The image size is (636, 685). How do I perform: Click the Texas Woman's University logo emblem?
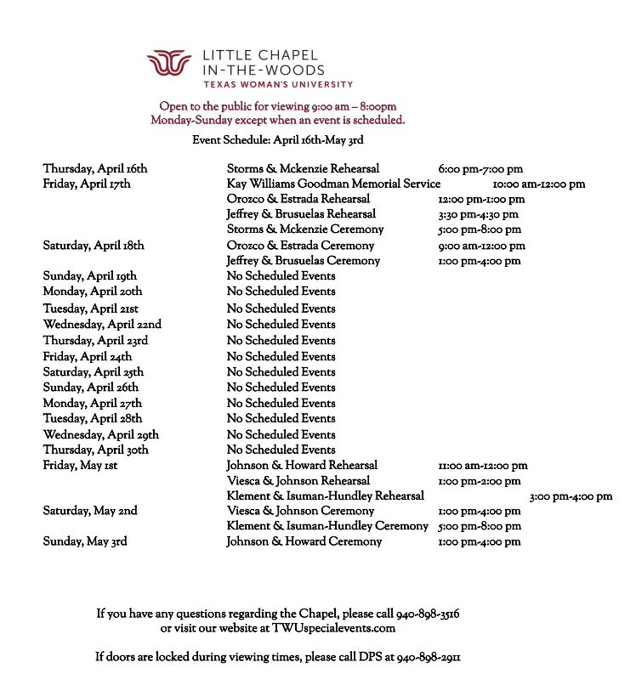pyautogui.click(x=170, y=65)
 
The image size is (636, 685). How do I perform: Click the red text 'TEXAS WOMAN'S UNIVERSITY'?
pyautogui.click(x=277, y=85)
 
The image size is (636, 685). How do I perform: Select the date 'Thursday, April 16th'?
pyautogui.click(x=95, y=168)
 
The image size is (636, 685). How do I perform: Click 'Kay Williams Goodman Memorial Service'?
pyautogui.click(x=333, y=184)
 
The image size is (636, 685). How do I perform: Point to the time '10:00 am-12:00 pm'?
pyautogui.click(x=539, y=184)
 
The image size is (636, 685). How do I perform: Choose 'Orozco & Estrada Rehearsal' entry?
pyautogui.click(x=298, y=199)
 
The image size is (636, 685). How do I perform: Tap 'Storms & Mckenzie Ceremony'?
pyautogui.click(x=305, y=229)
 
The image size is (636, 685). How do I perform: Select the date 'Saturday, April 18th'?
pyautogui.click(x=94, y=246)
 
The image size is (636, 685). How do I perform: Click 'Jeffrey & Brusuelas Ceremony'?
pyautogui.click(x=304, y=261)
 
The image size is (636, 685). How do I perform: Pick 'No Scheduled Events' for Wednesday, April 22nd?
pyautogui.click(x=281, y=324)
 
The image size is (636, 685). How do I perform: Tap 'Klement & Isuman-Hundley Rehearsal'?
pyautogui.click(x=325, y=496)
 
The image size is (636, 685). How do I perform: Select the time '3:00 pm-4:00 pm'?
pyautogui.click(x=571, y=496)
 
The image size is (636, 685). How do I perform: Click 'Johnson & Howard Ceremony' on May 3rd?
pyautogui.click(x=304, y=542)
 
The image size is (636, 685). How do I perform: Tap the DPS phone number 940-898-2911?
pyautogui.click(x=429, y=657)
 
